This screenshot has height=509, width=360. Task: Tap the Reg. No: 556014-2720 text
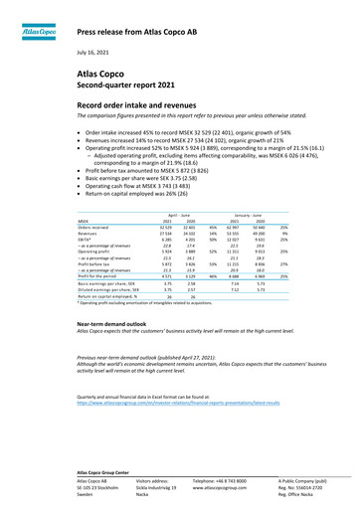tap(303, 488)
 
